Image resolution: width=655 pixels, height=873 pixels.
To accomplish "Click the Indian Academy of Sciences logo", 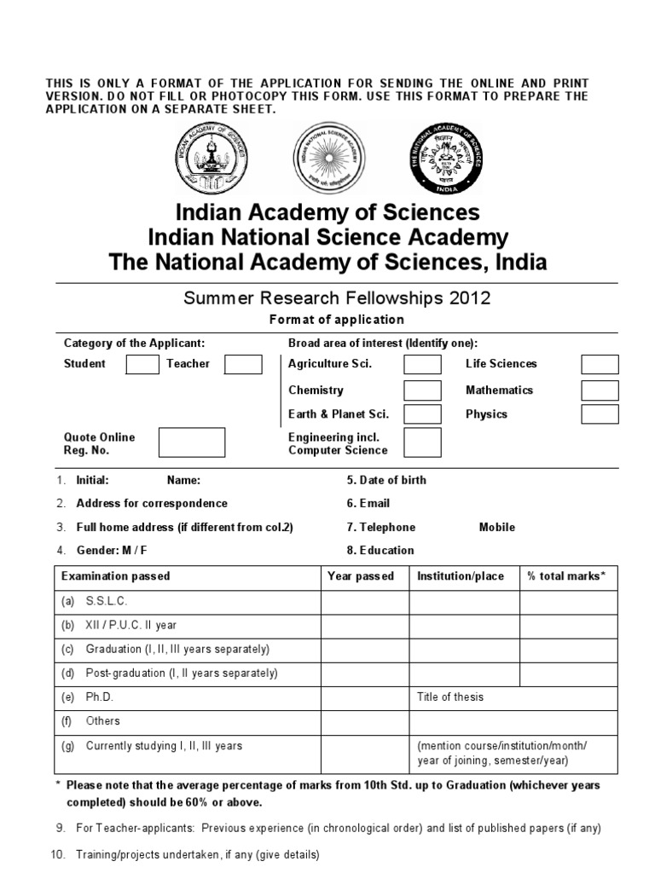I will pyautogui.click(x=213, y=157).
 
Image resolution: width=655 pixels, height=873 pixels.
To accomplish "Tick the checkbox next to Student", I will pyautogui.click(x=142, y=364).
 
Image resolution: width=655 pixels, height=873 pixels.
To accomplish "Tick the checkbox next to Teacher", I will pyautogui.click(x=243, y=364).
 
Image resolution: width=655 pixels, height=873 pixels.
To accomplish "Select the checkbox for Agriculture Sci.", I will pyautogui.click(x=422, y=365).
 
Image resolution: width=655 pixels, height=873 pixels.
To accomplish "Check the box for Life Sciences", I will pyautogui.click(x=600, y=365).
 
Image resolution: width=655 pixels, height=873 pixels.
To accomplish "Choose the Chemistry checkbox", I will pyautogui.click(x=422, y=390).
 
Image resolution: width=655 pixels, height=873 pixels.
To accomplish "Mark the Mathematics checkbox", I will pyautogui.click(x=600, y=390).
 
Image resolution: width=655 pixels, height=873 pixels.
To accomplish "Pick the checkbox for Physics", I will pyautogui.click(x=600, y=414).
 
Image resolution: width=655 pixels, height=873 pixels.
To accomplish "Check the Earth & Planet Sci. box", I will pyautogui.click(x=422, y=414).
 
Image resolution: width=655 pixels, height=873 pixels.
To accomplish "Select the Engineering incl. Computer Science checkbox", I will pyautogui.click(x=422, y=443).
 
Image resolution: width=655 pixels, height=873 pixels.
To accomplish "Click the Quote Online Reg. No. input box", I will pyautogui.click(x=192, y=443).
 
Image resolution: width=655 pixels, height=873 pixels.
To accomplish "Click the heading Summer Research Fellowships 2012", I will pyautogui.click(x=337, y=298).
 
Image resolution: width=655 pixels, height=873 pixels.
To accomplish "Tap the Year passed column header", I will pyautogui.click(x=361, y=576).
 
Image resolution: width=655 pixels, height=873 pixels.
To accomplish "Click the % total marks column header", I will pyautogui.click(x=566, y=576).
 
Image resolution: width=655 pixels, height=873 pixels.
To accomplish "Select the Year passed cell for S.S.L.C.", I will pyautogui.click(x=364, y=602).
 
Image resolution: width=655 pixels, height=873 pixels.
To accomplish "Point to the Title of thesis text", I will pyautogui.click(x=450, y=697).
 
